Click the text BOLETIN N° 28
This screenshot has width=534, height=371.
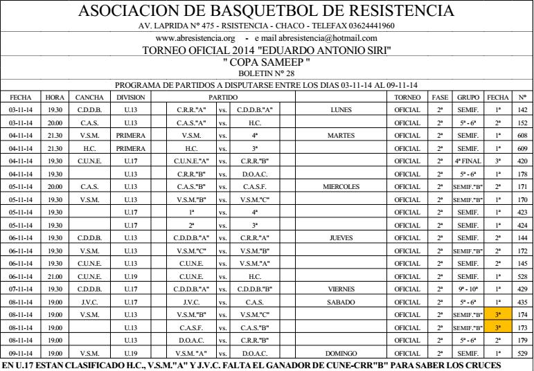coord(267,73)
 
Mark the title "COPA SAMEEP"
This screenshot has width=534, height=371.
coord(267,62)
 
